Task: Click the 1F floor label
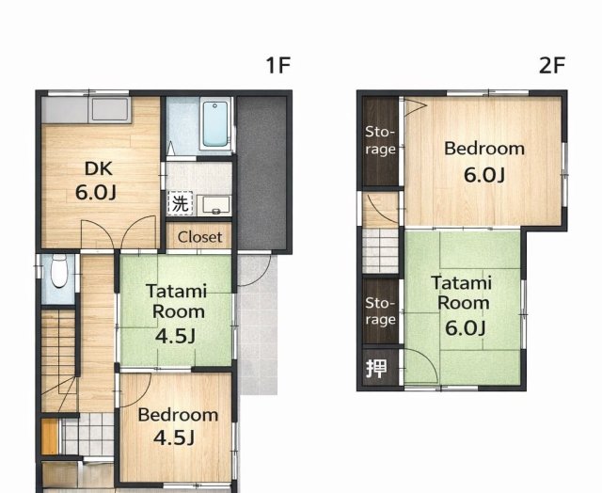point(278,65)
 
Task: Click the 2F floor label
point(552,65)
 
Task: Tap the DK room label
point(98,168)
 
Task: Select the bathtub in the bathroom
point(215,124)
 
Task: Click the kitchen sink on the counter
point(109,110)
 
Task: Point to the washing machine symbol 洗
point(180,203)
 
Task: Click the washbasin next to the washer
point(214,205)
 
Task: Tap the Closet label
point(199,237)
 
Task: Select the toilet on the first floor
point(59,271)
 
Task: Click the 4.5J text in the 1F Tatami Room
point(176,336)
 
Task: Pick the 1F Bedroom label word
point(178,415)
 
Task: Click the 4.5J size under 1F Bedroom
point(174,437)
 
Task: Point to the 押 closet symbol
point(376,369)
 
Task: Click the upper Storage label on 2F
point(380,140)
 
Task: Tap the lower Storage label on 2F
point(380,311)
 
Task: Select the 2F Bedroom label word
point(484,149)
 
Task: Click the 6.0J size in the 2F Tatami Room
point(466,327)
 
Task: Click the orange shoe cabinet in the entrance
point(50,437)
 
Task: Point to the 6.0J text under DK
point(96,192)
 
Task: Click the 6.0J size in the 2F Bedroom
point(484,175)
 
